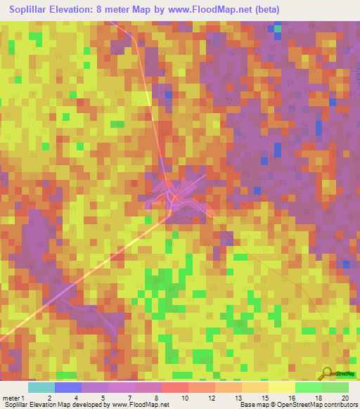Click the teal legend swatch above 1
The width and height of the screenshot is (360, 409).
(41, 387)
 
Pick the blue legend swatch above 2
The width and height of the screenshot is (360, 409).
(68, 387)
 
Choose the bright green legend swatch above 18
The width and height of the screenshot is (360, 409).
(309, 387)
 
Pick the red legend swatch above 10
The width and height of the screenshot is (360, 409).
(175, 387)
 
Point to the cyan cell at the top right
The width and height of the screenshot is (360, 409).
(278, 29)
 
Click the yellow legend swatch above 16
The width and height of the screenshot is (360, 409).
(282, 387)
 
